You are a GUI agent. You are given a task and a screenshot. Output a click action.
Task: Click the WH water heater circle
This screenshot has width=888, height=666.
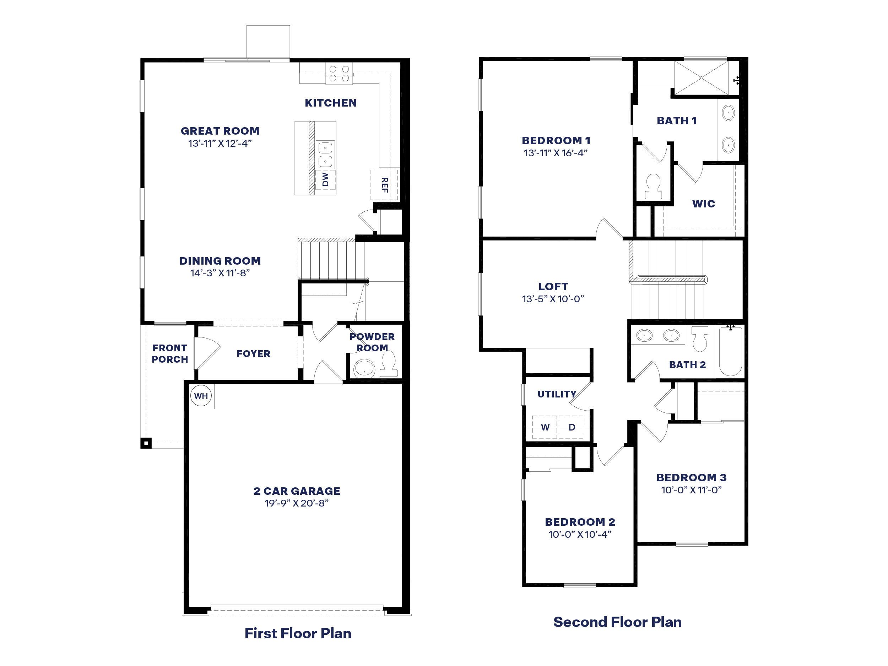[201, 396]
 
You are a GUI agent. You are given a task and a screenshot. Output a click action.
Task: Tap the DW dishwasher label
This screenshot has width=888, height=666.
[325, 179]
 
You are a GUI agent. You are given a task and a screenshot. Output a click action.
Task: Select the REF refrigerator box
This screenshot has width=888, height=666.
[384, 185]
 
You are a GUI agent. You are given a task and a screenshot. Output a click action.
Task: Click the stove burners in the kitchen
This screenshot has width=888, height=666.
[339, 74]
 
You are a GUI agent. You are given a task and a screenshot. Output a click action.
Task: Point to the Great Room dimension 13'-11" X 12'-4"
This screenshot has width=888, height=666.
[220, 143]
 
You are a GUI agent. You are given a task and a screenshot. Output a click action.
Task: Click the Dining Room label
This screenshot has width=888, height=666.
[220, 261]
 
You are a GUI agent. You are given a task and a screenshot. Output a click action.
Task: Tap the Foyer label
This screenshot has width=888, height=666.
[253, 354]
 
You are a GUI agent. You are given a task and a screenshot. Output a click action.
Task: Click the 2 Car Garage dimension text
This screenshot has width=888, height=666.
[296, 503]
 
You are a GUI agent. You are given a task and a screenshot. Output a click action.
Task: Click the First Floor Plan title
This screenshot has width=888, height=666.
[298, 633]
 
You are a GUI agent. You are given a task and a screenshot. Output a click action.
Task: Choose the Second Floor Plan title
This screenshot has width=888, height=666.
[617, 622]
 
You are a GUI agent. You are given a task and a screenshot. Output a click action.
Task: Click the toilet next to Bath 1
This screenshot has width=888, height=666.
[653, 187]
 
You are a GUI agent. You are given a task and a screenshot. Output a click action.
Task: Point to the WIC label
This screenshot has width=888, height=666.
[703, 204]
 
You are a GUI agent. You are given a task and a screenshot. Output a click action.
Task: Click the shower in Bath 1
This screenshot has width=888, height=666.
[701, 78]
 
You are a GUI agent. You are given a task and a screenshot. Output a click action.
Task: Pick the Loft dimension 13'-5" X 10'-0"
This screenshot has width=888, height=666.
[553, 299]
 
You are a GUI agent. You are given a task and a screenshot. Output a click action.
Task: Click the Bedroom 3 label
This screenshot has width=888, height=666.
[691, 477]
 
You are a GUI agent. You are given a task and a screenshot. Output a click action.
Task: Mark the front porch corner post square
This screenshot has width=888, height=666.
[146, 443]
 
